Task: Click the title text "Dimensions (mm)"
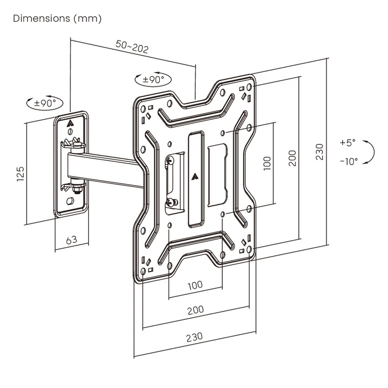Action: coord(57,18)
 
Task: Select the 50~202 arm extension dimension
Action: coord(132,48)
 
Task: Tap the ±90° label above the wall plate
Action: coord(45,103)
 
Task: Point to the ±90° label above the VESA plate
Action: coord(153,79)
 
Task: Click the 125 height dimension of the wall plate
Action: coord(20,173)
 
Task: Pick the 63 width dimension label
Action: coord(71,240)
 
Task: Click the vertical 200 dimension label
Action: coord(293,158)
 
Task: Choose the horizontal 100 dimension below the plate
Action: coord(195,285)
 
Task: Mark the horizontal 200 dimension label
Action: coord(195,309)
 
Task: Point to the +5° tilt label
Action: coord(348,142)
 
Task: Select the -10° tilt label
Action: coord(349,161)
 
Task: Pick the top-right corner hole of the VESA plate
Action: coord(249,88)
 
